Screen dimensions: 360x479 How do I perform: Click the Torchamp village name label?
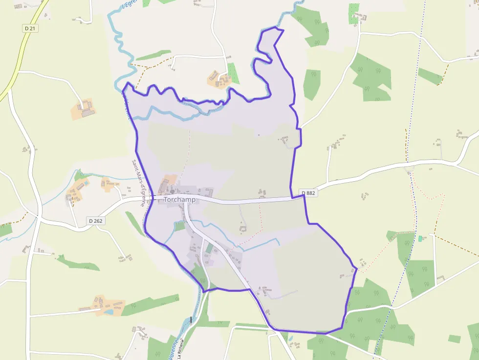coord(179,199)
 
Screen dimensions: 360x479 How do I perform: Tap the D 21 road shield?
coord(30,29)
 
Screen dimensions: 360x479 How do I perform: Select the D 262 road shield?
coord(96,221)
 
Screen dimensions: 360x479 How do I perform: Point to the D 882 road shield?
coord(308,193)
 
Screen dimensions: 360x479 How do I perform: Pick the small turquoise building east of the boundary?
coord(420,238)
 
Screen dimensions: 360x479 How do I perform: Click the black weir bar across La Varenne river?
coord(191,319)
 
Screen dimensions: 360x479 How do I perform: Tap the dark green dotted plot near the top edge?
coord(353,14)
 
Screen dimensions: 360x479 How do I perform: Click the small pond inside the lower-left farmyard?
coord(109,312)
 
